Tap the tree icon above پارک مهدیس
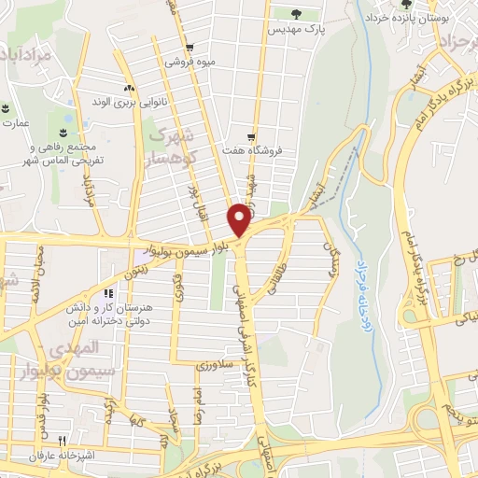pos(296,14)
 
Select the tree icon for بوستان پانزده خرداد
pos(380,4)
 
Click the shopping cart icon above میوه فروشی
pos(190,48)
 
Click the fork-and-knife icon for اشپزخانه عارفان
pos(62,442)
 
